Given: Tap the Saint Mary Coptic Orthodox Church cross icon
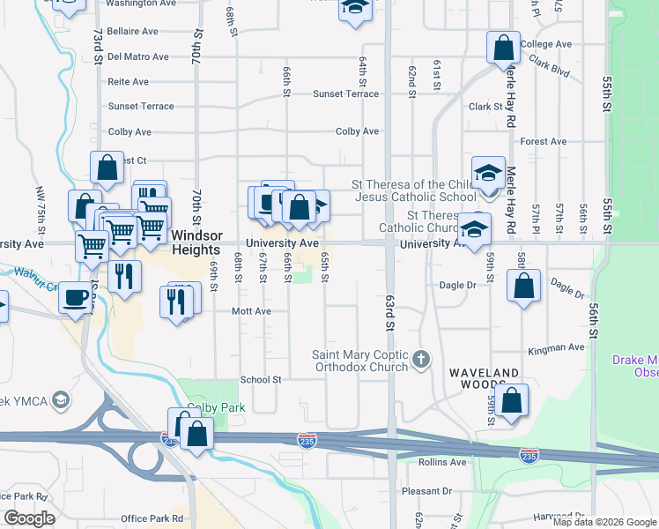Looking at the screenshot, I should click(422, 359).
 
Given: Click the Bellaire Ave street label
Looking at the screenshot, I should click(132, 31).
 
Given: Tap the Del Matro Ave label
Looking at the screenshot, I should click(137, 56).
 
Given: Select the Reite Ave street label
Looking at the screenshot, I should click(128, 81).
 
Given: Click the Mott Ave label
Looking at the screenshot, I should click(250, 311).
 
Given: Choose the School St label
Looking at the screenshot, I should click(260, 380).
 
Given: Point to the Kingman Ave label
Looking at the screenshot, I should click(556, 348).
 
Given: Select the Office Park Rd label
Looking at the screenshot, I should click(152, 518).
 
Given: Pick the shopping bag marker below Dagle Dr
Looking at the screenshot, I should click(523, 287).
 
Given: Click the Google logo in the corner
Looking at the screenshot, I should click(29, 518).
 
